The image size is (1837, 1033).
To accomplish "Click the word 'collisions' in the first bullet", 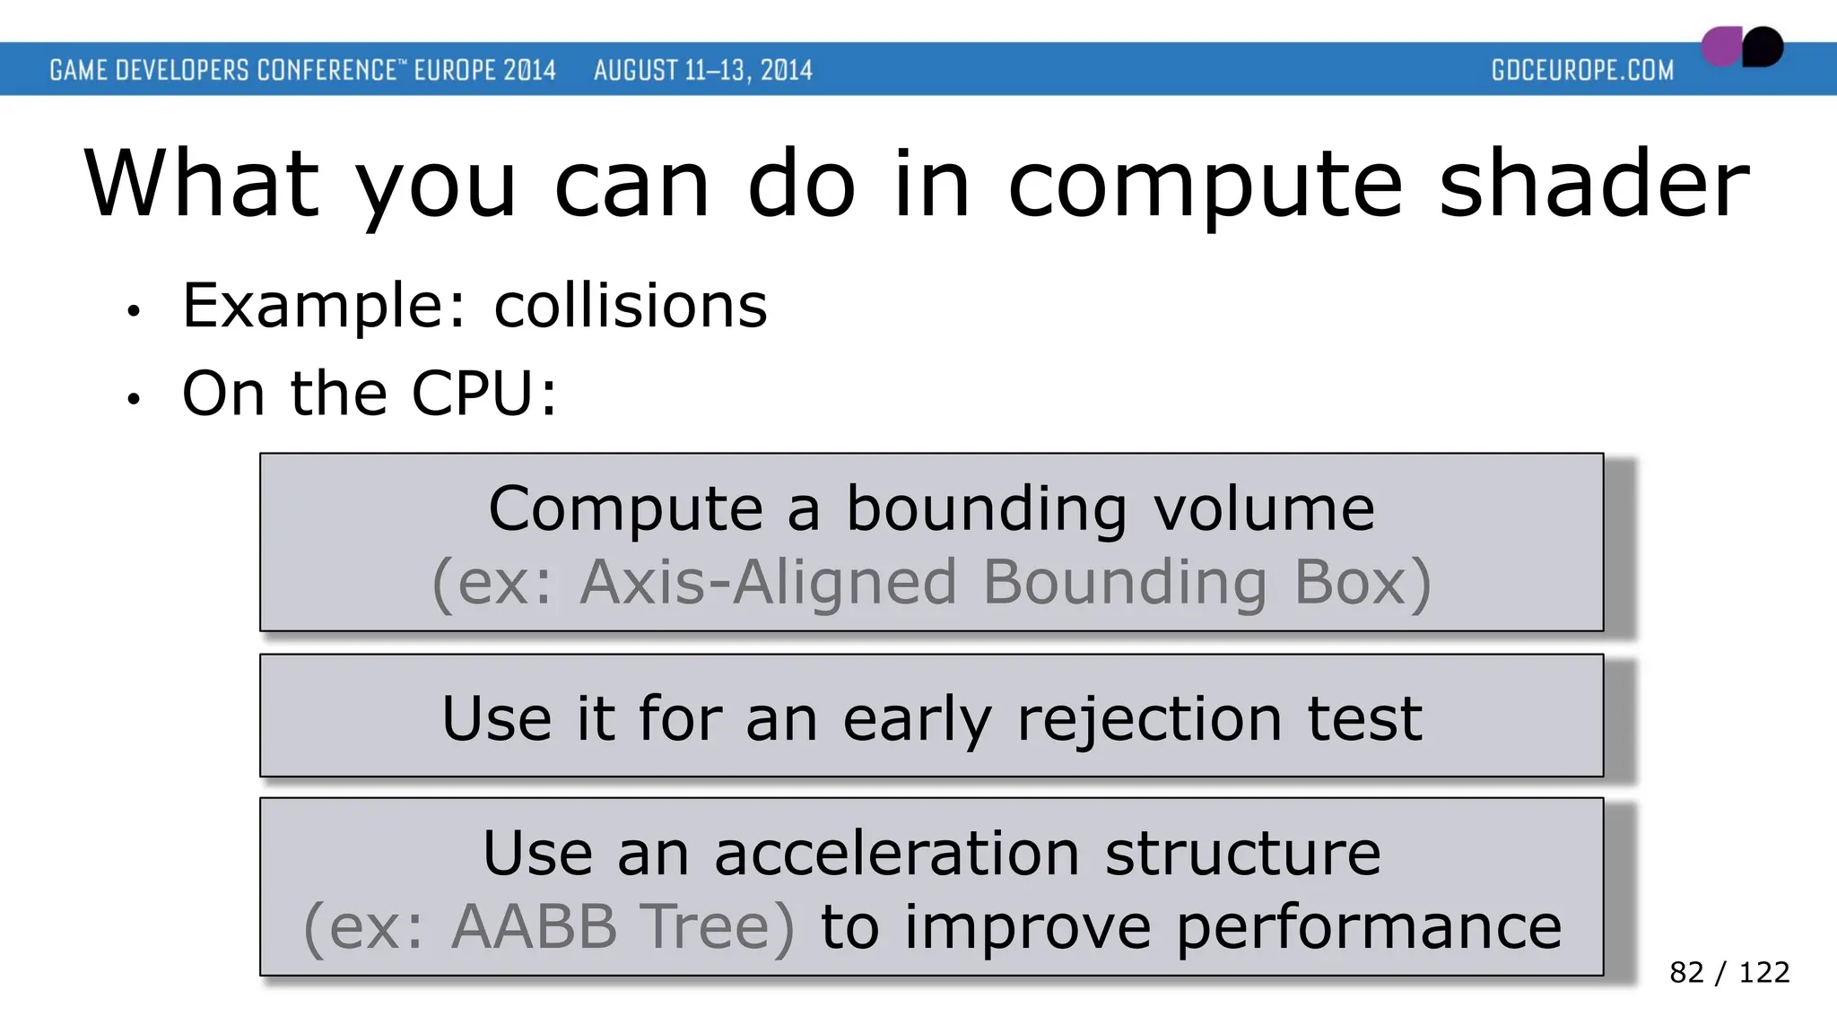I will pos(631,306).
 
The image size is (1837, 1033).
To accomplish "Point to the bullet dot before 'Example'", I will pos(134,311).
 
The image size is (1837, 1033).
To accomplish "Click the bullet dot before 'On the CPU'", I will pos(134,399).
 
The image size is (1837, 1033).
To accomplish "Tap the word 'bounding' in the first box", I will pos(986,508).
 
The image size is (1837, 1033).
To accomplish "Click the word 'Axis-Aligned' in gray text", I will pos(768,583).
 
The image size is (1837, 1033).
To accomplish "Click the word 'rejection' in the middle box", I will pos(1149,719).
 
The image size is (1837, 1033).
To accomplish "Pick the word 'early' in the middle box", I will pos(917,719).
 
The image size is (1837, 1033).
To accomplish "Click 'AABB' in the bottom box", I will pos(534,926).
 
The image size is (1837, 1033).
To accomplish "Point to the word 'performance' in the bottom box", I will pos(1368,926).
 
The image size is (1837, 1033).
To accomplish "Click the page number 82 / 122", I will pos(1728,972).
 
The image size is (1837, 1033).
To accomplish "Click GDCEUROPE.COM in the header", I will pos(1582,70).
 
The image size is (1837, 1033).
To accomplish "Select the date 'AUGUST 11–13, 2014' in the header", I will pos(702,70).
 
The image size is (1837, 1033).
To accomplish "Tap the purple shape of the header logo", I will pos(1720,48).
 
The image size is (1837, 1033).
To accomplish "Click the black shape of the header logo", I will pos(1763,47).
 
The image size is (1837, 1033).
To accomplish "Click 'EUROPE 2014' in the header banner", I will pos(484,70).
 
